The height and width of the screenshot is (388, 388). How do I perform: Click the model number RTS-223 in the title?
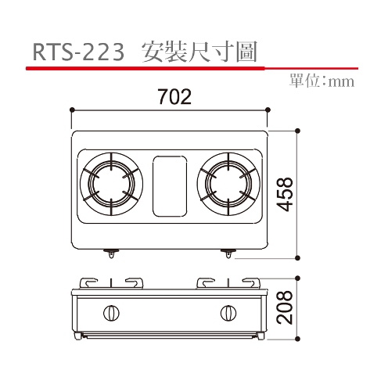click(78, 52)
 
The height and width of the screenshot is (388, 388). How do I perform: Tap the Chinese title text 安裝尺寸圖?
click(199, 52)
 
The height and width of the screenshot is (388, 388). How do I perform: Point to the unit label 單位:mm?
click(322, 81)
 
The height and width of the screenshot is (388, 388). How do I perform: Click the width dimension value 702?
click(174, 97)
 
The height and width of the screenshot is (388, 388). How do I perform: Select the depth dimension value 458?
click(285, 194)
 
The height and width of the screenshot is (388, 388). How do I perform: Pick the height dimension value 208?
click(285, 307)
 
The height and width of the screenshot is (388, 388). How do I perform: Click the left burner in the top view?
click(111, 184)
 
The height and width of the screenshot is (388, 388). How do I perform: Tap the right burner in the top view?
click(228, 184)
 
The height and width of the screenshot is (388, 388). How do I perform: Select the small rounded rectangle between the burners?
click(170, 186)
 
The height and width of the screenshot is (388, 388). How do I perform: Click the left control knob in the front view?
click(111, 313)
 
